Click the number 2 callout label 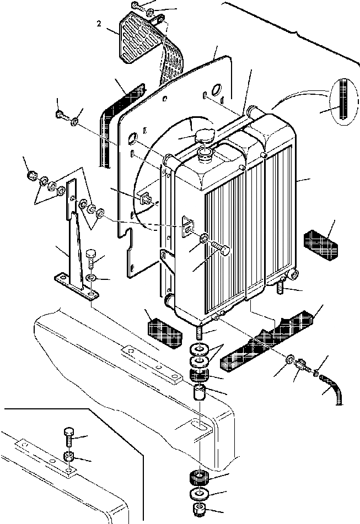98,24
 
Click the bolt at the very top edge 137,6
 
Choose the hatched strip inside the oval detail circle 345,100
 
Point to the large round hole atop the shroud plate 215,89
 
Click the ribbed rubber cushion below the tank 199,476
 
